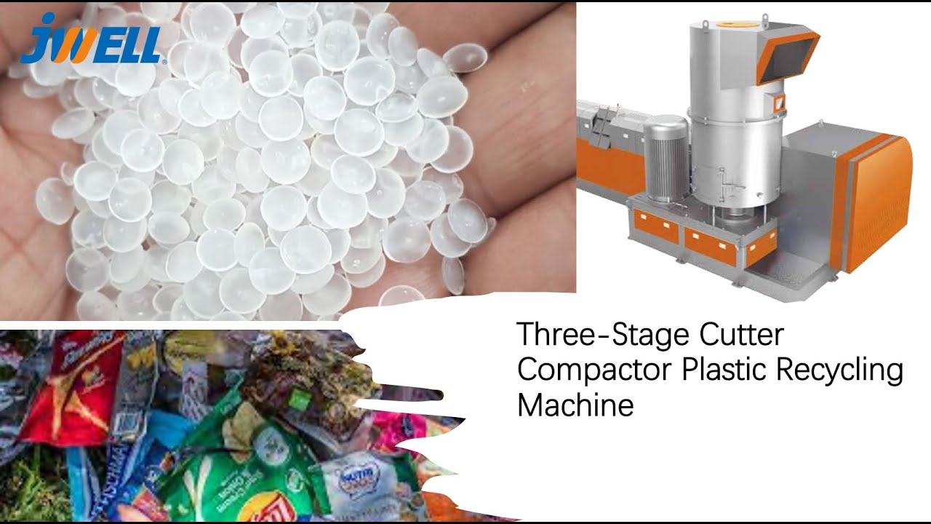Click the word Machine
(x=575, y=405)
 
